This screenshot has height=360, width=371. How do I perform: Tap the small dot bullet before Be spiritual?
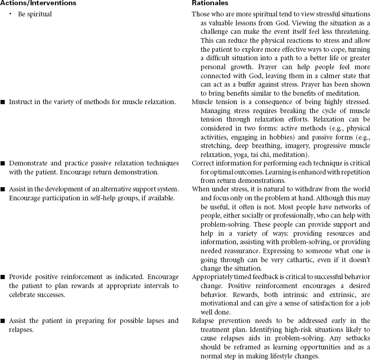click(10, 14)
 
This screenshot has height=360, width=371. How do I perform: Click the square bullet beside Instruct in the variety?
click(3, 100)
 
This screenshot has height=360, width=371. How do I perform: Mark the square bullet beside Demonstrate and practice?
click(3, 163)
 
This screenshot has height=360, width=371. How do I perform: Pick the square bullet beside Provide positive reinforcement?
click(3, 276)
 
